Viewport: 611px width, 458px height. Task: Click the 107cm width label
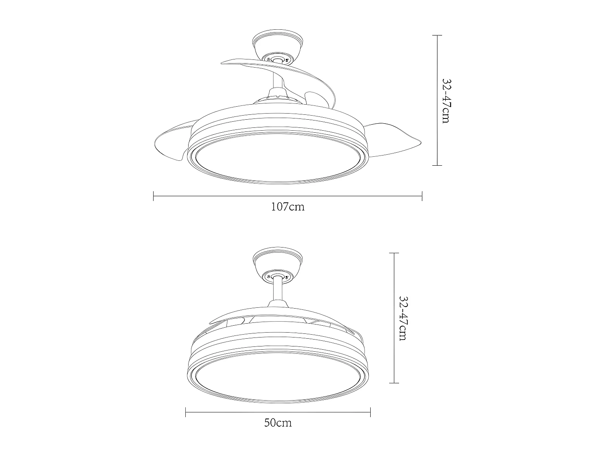(288, 207)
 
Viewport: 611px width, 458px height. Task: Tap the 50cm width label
(278, 423)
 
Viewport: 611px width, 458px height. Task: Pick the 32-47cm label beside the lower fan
(402, 318)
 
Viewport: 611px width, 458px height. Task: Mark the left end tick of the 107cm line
(153, 196)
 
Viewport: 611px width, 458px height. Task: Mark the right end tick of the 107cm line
(422, 196)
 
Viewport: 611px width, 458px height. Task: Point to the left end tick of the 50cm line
(186, 412)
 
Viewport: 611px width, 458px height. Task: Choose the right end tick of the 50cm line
(370, 412)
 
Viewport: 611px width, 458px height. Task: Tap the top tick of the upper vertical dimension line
(437, 35)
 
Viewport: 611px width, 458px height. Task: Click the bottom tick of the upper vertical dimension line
(437, 165)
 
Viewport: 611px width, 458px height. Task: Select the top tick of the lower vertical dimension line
(393, 253)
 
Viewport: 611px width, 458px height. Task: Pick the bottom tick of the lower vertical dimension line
(393, 383)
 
